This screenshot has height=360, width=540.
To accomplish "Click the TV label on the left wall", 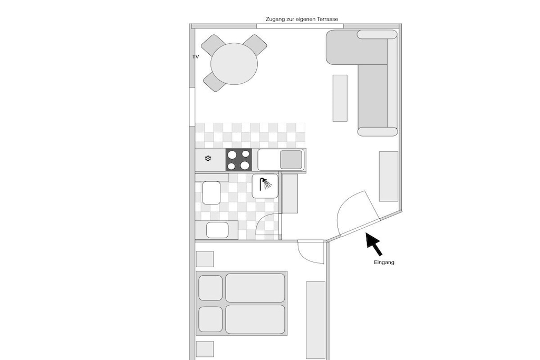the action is pos(195,57).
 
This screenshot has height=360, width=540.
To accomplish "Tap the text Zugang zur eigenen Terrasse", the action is pos(302,20).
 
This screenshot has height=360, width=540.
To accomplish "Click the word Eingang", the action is pos(384,262).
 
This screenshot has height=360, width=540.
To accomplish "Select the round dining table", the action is pos(234,64).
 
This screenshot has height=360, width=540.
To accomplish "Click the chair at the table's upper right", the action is pos(255,45).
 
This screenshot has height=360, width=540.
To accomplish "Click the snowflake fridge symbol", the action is pos(208,158).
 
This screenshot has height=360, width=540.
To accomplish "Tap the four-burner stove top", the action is pos(239,160).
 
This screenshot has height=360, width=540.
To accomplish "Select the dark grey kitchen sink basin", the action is pos(291,160).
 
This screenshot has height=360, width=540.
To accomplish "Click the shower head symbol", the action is pos(265,184).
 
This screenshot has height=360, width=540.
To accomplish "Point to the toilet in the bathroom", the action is pos(211,193).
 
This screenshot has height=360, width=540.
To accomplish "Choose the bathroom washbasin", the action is pos(217,230).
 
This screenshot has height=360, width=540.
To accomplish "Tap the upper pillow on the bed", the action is pos(210,288).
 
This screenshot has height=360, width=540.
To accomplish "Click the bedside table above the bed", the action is pos(205,259).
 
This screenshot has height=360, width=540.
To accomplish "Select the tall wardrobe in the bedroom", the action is pos(315,320).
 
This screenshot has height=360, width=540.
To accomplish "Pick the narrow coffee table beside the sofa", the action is pos(340,98).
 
